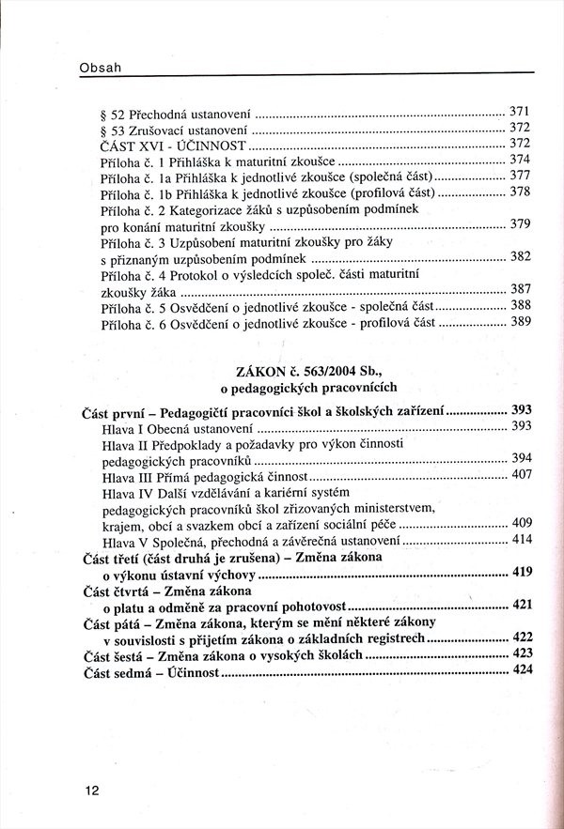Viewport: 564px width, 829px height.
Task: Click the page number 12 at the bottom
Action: pyautogui.click(x=91, y=791)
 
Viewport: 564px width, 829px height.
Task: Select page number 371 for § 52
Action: pyautogui.click(x=521, y=110)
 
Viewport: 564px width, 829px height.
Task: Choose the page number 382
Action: pyautogui.click(x=521, y=256)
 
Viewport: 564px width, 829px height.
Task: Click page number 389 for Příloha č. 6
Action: pyautogui.click(x=521, y=321)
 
